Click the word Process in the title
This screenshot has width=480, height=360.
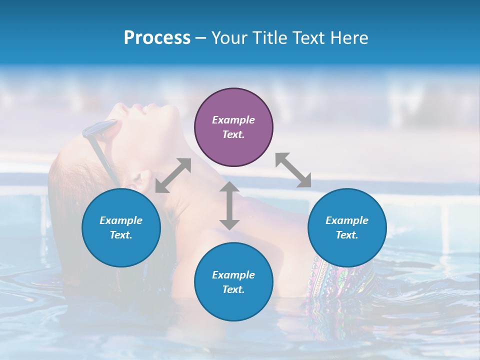pyautogui.click(x=157, y=38)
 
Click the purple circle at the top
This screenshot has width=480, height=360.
pyautogui.click(x=233, y=127)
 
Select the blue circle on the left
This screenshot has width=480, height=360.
pyautogui.click(x=121, y=227)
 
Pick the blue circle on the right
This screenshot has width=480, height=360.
pyautogui.click(x=347, y=227)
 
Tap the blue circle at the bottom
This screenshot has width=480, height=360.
pyautogui.click(x=233, y=281)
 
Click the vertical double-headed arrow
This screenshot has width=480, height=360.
pyautogui.click(x=229, y=205)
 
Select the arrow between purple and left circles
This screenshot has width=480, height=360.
pyautogui.click(x=173, y=175)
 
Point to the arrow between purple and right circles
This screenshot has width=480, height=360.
pyautogui.click(x=293, y=170)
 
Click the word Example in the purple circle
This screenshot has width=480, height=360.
pyautogui.click(x=233, y=120)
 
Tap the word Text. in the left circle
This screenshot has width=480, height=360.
pyautogui.click(x=121, y=235)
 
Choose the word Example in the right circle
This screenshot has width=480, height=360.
pyautogui.click(x=347, y=220)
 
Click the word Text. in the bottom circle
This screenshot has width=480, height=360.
pyautogui.click(x=233, y=289)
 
